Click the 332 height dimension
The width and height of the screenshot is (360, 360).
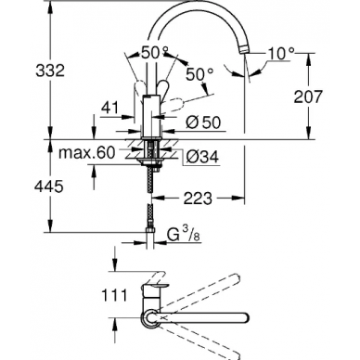tap(50, 71)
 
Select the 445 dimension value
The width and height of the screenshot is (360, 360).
tap(49, 186)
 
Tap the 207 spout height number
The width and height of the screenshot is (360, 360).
tap(308, 96)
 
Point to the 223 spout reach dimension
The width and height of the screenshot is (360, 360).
tap(198, 199)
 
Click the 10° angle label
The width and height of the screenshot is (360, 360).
tap(281, 54)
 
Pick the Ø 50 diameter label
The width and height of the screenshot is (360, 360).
tap(203, 122)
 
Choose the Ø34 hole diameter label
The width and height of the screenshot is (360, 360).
tap(202, 157)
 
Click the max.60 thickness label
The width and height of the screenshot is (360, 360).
tap(87, 152)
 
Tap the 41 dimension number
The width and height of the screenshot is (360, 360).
tap(109, 108)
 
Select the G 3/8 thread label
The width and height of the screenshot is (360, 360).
tap(184, 235)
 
